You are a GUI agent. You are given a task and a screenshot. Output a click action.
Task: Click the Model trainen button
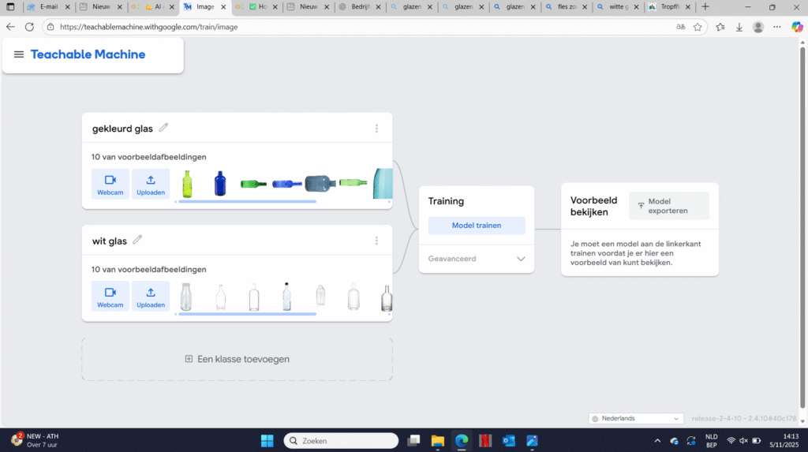pos(476,226)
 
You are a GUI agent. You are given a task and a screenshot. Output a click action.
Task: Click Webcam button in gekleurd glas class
pos(110,184)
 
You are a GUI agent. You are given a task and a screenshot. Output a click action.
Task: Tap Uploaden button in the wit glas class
pos(151,296)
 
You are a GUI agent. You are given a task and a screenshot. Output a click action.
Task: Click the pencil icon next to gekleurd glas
pos(164,128)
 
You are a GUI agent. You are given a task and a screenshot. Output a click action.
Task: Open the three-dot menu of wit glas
pos(376,241)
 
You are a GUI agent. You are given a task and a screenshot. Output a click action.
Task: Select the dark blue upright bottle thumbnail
pos(220,183)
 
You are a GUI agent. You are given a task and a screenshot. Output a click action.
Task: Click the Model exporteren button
pos(668,206)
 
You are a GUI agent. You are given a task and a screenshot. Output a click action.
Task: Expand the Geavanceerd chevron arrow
pos(521,259)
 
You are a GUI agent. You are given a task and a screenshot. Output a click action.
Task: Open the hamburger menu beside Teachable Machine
pos(19,54)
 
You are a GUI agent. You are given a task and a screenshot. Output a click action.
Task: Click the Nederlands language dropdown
pos(636,418)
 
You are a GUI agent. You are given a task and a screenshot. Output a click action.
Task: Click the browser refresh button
pos(29,27)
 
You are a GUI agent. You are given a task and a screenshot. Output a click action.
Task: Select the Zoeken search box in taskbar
pos(341,441)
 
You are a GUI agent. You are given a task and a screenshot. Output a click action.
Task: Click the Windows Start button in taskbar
pos(267,441)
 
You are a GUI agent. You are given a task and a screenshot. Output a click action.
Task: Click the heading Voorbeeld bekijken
pos(593,206)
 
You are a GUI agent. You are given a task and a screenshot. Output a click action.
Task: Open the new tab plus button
pos(705,7)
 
